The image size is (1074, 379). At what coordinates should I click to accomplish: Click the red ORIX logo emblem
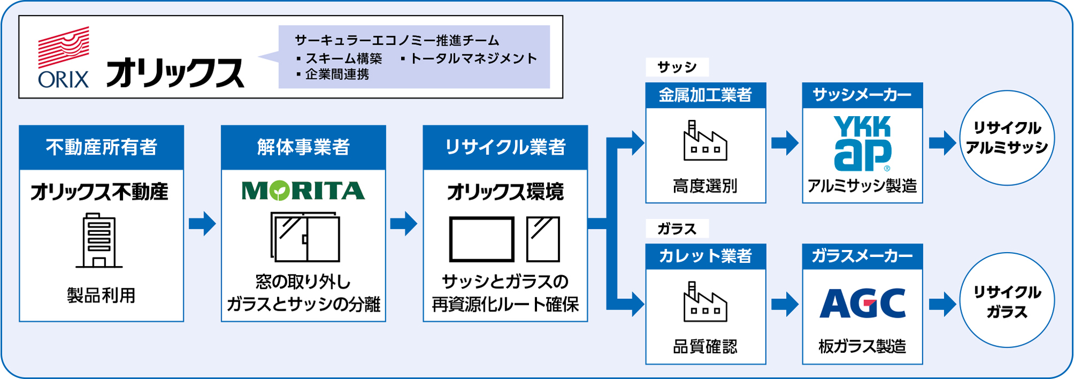pos(63,47)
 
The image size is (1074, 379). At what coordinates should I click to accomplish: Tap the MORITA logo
pos(303,191)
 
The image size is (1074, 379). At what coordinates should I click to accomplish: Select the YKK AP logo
pos(862,143)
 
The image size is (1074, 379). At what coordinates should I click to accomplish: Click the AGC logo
pos(862,304)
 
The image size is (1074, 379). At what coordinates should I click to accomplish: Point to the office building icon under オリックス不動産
pos(99,240)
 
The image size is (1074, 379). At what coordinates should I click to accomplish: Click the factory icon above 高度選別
pos(705,141)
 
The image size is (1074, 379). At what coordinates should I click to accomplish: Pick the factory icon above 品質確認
pos(705,302)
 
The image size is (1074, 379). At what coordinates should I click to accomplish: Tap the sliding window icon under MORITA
pos(305,237)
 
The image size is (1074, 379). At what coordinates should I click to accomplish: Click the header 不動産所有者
pos(101,147)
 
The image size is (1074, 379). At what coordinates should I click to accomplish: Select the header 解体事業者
pos(303,147)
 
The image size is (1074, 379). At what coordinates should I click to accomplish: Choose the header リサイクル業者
pos(505,147)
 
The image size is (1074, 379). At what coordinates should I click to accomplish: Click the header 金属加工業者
pos(705,95)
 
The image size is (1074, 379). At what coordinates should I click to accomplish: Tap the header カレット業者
pos(705,256)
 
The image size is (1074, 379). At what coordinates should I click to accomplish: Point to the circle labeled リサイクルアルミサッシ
pos(1007,138)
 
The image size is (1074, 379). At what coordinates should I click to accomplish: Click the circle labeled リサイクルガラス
pos(1007,301)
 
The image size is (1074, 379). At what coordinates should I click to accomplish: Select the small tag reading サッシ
pos(677,67)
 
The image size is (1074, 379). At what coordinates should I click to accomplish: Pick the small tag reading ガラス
pos(677,229)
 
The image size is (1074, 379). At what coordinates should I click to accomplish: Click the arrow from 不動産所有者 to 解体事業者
pos(202,224)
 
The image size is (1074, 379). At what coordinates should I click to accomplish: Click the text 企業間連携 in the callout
pos(337,75)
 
